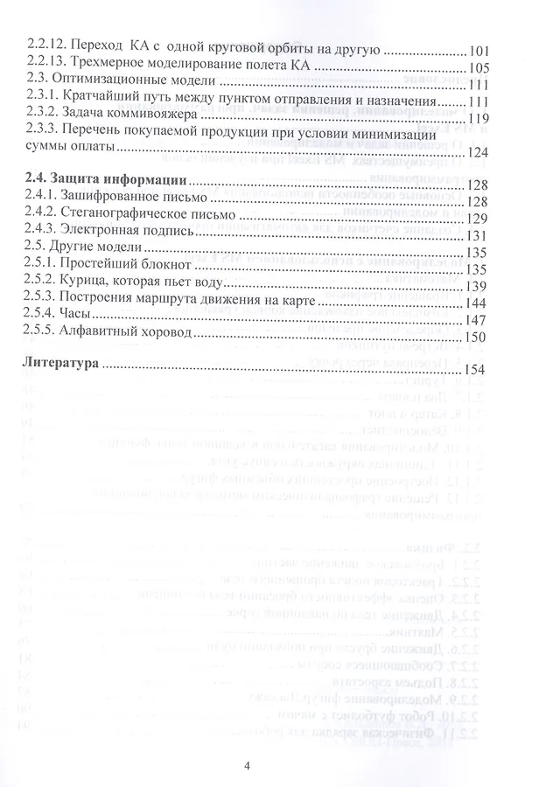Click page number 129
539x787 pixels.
coord(480,218)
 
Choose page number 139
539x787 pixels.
coord(480,285)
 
